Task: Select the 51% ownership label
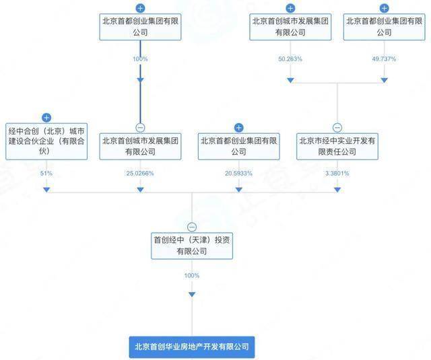pyautogui.click(x=46, y=174)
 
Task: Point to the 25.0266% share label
pyautogui.click(x=139, y=174)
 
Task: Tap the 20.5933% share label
pyautogui.click(x=238, y=174)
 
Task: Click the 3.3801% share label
pyautogui.click(x=337, y=174)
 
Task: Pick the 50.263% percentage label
pyautogui.click(x=290, y=59)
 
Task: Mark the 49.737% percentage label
pyautogui.click(x=384, y=59)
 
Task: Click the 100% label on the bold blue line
pyautogui.click(x=139, y=59)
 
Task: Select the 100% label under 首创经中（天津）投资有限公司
pyautogui.click(x=192, y=276)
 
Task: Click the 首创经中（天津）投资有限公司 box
pyautogui.click(x=192, y=245)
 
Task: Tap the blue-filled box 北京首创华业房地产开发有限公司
pyautogui.click(x=192, y=347)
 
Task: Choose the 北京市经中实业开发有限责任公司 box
pyautogui.click(x=337, y=146)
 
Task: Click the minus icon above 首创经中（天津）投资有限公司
pyautogui.click(x=192, y=227)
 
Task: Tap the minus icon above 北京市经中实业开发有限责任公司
pyautogui.click(x=337, y=128)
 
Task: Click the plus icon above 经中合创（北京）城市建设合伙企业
pyautogui.click(x=46, y=118)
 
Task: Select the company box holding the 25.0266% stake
pyautogui.click(x=139, y=146)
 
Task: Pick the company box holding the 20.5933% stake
pyautogui.click(x=238, y=146)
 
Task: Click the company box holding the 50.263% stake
pyautogui.click(x=290, y=26)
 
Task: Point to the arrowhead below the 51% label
pyautogui.click(x=46, y=190)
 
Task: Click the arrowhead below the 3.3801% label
pyautogui.click(x=337, y=190)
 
